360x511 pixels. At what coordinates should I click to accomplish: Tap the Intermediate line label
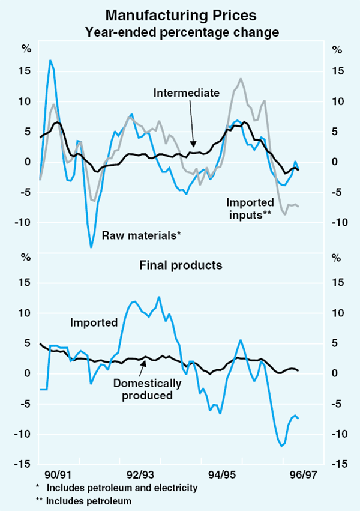pos(186,92)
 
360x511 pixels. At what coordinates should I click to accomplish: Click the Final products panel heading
pos(181,265)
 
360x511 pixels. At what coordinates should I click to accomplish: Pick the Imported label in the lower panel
pos(94,322)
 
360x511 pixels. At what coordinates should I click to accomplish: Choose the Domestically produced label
pos(147,389)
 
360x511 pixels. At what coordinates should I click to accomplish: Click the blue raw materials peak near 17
pos(50,61)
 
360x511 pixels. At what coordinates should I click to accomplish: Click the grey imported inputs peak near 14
pos(241,79)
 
